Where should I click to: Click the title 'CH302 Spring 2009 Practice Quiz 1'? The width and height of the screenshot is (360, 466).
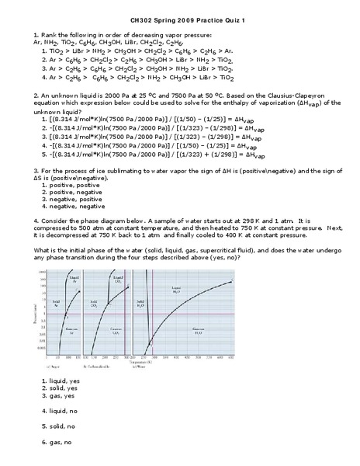pyautogui.click(x=179, y=19)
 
